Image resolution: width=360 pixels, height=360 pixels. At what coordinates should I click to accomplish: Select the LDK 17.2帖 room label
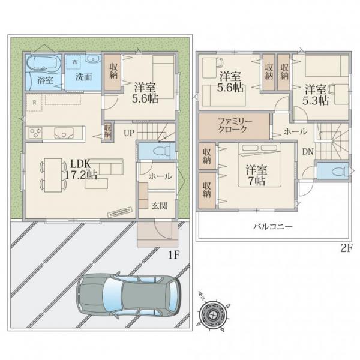point(81,169)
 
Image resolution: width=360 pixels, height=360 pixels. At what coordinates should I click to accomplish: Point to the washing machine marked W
point(73,62)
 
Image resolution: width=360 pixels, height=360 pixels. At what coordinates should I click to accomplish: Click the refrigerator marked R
point(34,103)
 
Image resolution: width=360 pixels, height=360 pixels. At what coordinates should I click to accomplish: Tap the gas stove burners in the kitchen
point(35,133)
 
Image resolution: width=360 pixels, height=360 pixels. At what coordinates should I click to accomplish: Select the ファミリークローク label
point(235,125)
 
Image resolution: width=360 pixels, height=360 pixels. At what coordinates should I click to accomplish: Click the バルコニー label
point(273,227)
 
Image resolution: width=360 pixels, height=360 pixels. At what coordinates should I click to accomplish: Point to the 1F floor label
point(174,255)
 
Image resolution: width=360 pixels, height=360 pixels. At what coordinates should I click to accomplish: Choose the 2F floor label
point(346,248)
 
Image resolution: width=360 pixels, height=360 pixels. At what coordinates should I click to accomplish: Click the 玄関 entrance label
point(160,206)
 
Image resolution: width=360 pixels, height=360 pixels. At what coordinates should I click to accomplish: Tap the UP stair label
point(129,133)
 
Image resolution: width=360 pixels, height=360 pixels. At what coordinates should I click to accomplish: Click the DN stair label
point(308,152)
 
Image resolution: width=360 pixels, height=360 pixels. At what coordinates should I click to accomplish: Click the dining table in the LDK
point(53,175)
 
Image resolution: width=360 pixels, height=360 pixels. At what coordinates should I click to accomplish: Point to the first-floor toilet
point(161,151)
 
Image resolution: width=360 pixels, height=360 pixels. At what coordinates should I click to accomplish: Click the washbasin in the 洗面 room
point(93,59)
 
